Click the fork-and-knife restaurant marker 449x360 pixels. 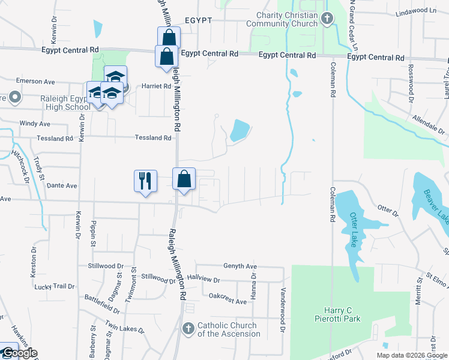(x=145, y=181)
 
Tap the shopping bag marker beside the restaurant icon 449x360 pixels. (x=184, y=179)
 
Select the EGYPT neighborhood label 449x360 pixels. (x=199, y=20)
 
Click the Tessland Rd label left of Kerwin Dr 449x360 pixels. (x=55, y=139)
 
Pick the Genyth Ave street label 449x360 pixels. (x=240, y=266)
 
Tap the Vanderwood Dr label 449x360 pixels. (x=280, y=310)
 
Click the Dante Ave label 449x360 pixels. (x=62, y=186)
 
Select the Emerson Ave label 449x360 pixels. (x=35, y=82)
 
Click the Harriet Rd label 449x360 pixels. (x=157, y=86)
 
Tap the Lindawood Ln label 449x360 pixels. (x=416, y=11)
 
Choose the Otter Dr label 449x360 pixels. (x=388, y=211)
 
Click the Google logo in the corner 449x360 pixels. (x=19, y=353)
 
